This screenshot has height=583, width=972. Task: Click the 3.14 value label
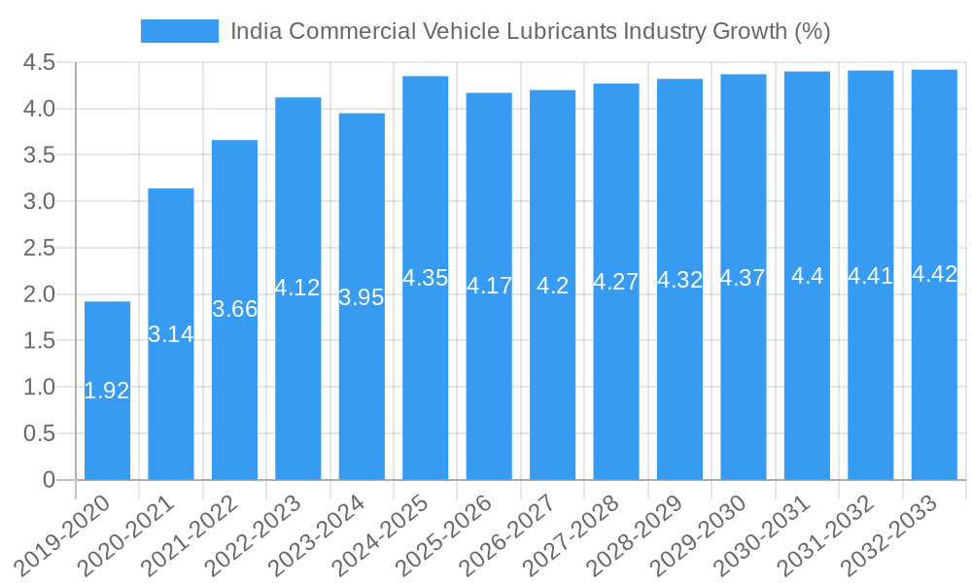171,334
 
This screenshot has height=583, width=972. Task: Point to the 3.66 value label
234,309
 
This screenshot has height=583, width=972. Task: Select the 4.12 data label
297,288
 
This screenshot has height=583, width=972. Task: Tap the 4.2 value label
553,286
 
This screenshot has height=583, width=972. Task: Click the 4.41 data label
871,276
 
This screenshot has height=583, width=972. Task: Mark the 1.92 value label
107,391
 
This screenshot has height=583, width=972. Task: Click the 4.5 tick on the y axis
38,63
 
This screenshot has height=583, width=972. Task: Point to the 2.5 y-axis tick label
38,248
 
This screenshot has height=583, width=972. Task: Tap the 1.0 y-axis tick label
38,387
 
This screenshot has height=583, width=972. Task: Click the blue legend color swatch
180,31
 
